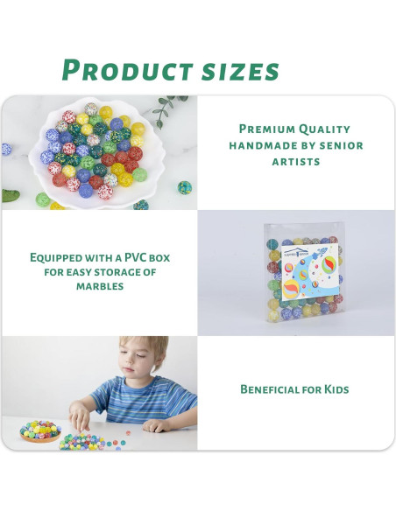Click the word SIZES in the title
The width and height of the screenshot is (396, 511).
point(237,70)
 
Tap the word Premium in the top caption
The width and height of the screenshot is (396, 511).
point(269,129)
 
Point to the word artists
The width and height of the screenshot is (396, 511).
point(296,162)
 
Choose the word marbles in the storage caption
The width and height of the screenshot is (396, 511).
point(98,286)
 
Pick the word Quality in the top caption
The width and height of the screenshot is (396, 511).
point(325,129)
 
